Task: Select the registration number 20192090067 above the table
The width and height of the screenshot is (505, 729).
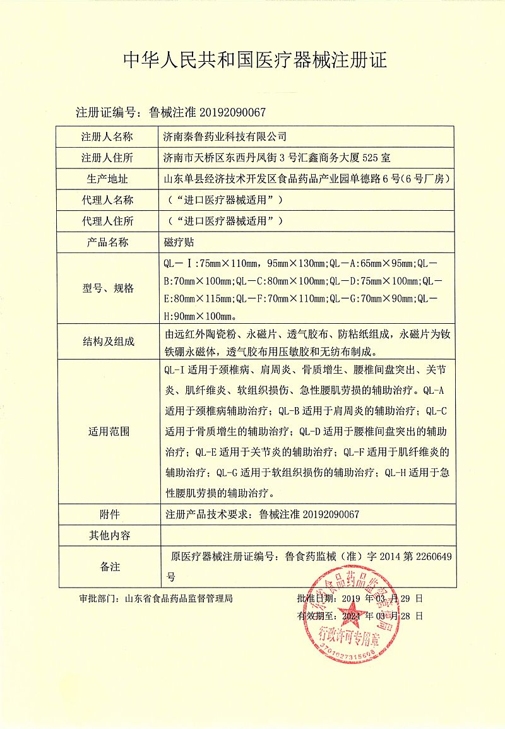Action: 233,113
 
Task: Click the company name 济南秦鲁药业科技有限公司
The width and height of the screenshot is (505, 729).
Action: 225,136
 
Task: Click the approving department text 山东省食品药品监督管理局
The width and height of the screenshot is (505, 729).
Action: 179,598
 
